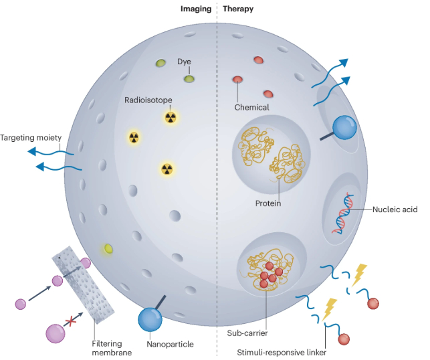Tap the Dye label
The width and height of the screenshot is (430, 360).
pos(185,62)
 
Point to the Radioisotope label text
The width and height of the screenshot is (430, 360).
pos(148,100)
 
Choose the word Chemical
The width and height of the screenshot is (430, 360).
pos(252,107)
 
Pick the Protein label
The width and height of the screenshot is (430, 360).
pos(267,203)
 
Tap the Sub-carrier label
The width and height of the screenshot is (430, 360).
pos(245,331)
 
